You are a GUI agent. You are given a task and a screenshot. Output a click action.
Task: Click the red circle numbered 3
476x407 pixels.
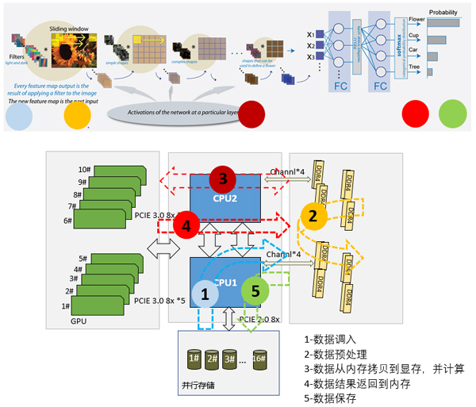click(x=224, y=178)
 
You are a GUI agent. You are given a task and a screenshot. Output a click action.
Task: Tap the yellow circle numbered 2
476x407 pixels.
click(x=313, y=216)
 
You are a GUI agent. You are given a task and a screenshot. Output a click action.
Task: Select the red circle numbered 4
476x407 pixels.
click(x=186, y=225)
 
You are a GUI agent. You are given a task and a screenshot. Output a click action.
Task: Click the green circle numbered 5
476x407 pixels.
click(x=255, y=290)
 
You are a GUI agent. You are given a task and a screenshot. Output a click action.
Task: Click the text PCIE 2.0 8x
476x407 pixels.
click(x=261, y=319)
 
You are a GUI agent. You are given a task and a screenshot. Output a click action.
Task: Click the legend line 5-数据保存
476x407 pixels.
click(x=337, y=397)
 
